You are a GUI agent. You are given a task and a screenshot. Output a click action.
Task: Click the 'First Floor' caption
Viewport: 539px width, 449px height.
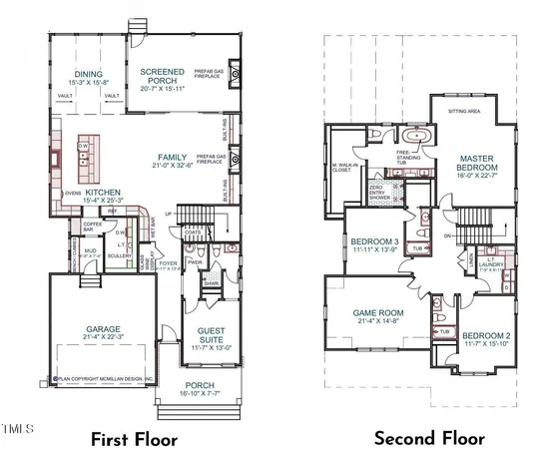point(134,438)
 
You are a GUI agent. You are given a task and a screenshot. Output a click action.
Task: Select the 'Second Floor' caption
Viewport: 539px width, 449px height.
point(429,438)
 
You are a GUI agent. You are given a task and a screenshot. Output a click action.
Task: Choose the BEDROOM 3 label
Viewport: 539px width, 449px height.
point(376,242)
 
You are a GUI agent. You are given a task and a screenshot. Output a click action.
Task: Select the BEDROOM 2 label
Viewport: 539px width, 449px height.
point(487,335)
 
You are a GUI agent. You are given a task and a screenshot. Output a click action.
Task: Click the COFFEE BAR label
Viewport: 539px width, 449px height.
point(93,224)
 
